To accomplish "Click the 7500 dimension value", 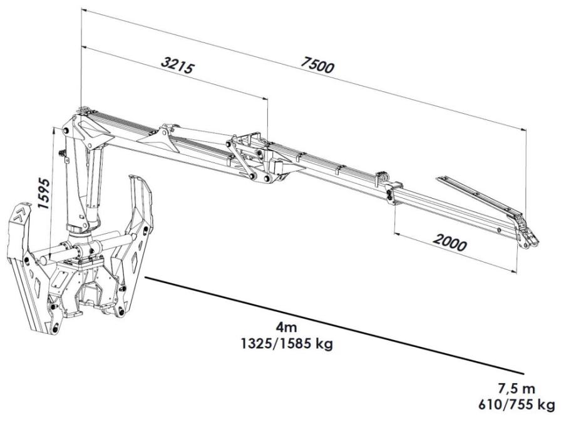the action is (318, 65).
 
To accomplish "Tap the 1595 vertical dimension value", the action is (44, 193).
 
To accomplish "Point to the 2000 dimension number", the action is (450, 242).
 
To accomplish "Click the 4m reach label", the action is (287, 326).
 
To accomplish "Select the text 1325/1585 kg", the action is (287, 344).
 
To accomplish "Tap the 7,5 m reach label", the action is (517, 387).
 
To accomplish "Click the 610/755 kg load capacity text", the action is (517, 405).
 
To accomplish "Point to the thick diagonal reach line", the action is (335, 325).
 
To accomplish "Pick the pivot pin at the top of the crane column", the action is (66, 131).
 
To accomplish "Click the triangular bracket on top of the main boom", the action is (160, 141).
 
